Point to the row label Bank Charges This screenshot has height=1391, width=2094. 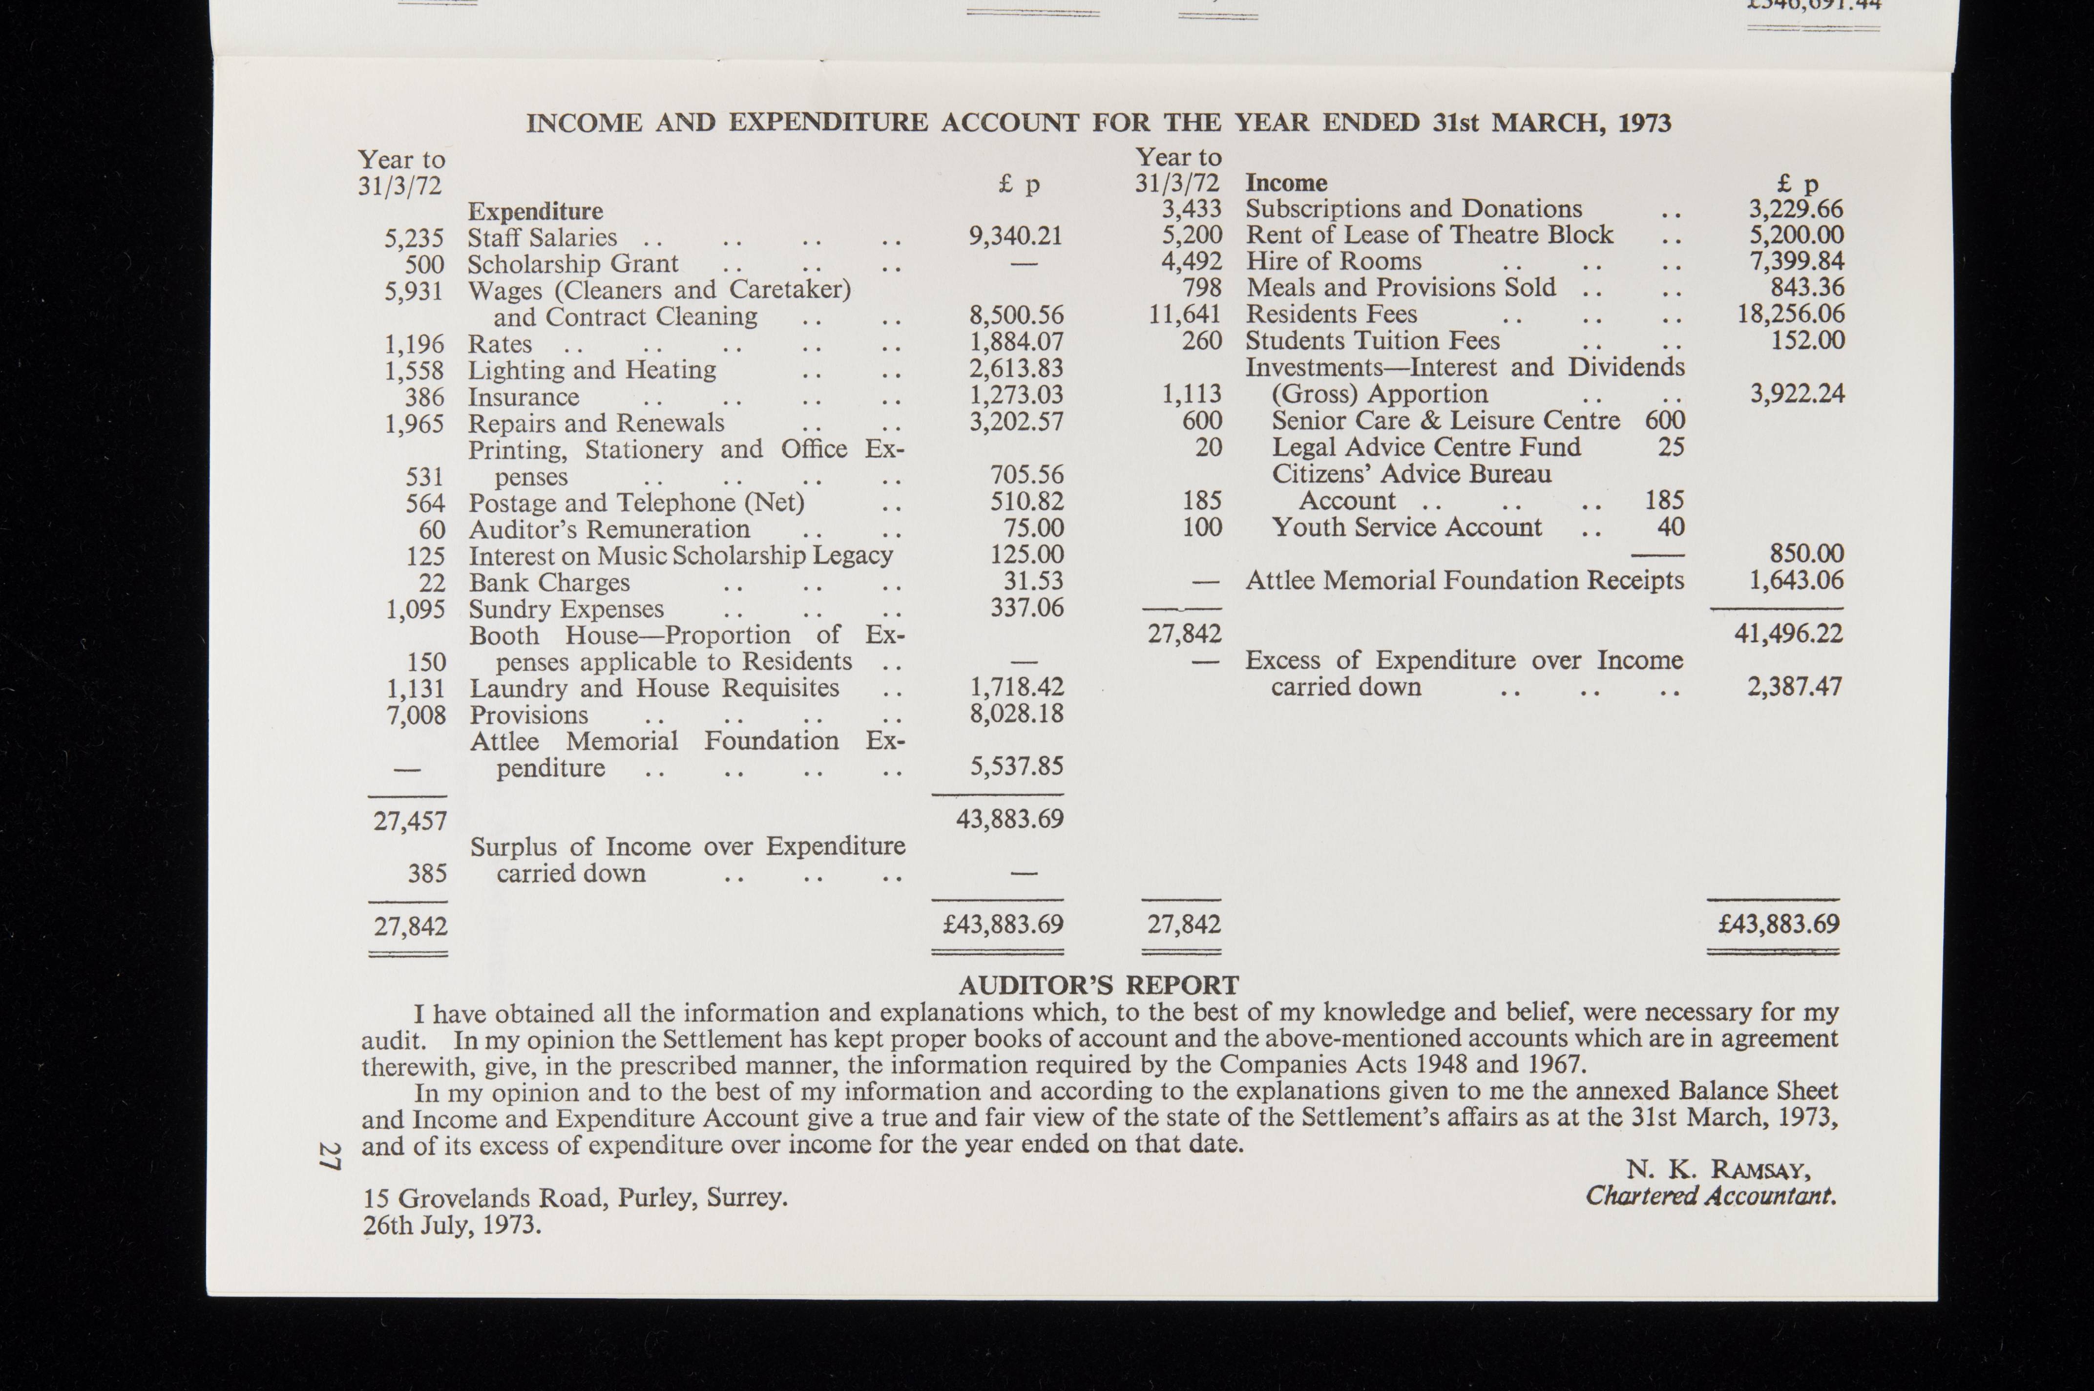[x=549, y=583]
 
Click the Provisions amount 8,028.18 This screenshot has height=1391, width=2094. [x=1016, y=714]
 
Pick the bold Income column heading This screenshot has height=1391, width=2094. [x=1285, y=183]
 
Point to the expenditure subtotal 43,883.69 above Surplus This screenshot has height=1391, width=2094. [x=1009, y=819]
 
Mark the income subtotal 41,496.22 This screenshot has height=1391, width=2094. [x=1788, y=633]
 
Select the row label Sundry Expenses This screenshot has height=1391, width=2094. [x=566, y=610]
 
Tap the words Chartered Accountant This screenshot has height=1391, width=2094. [x=1710, y=1196]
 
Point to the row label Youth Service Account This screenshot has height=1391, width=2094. [x=1406, y=527]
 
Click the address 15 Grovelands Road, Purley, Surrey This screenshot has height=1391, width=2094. [x=575, y=1199]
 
